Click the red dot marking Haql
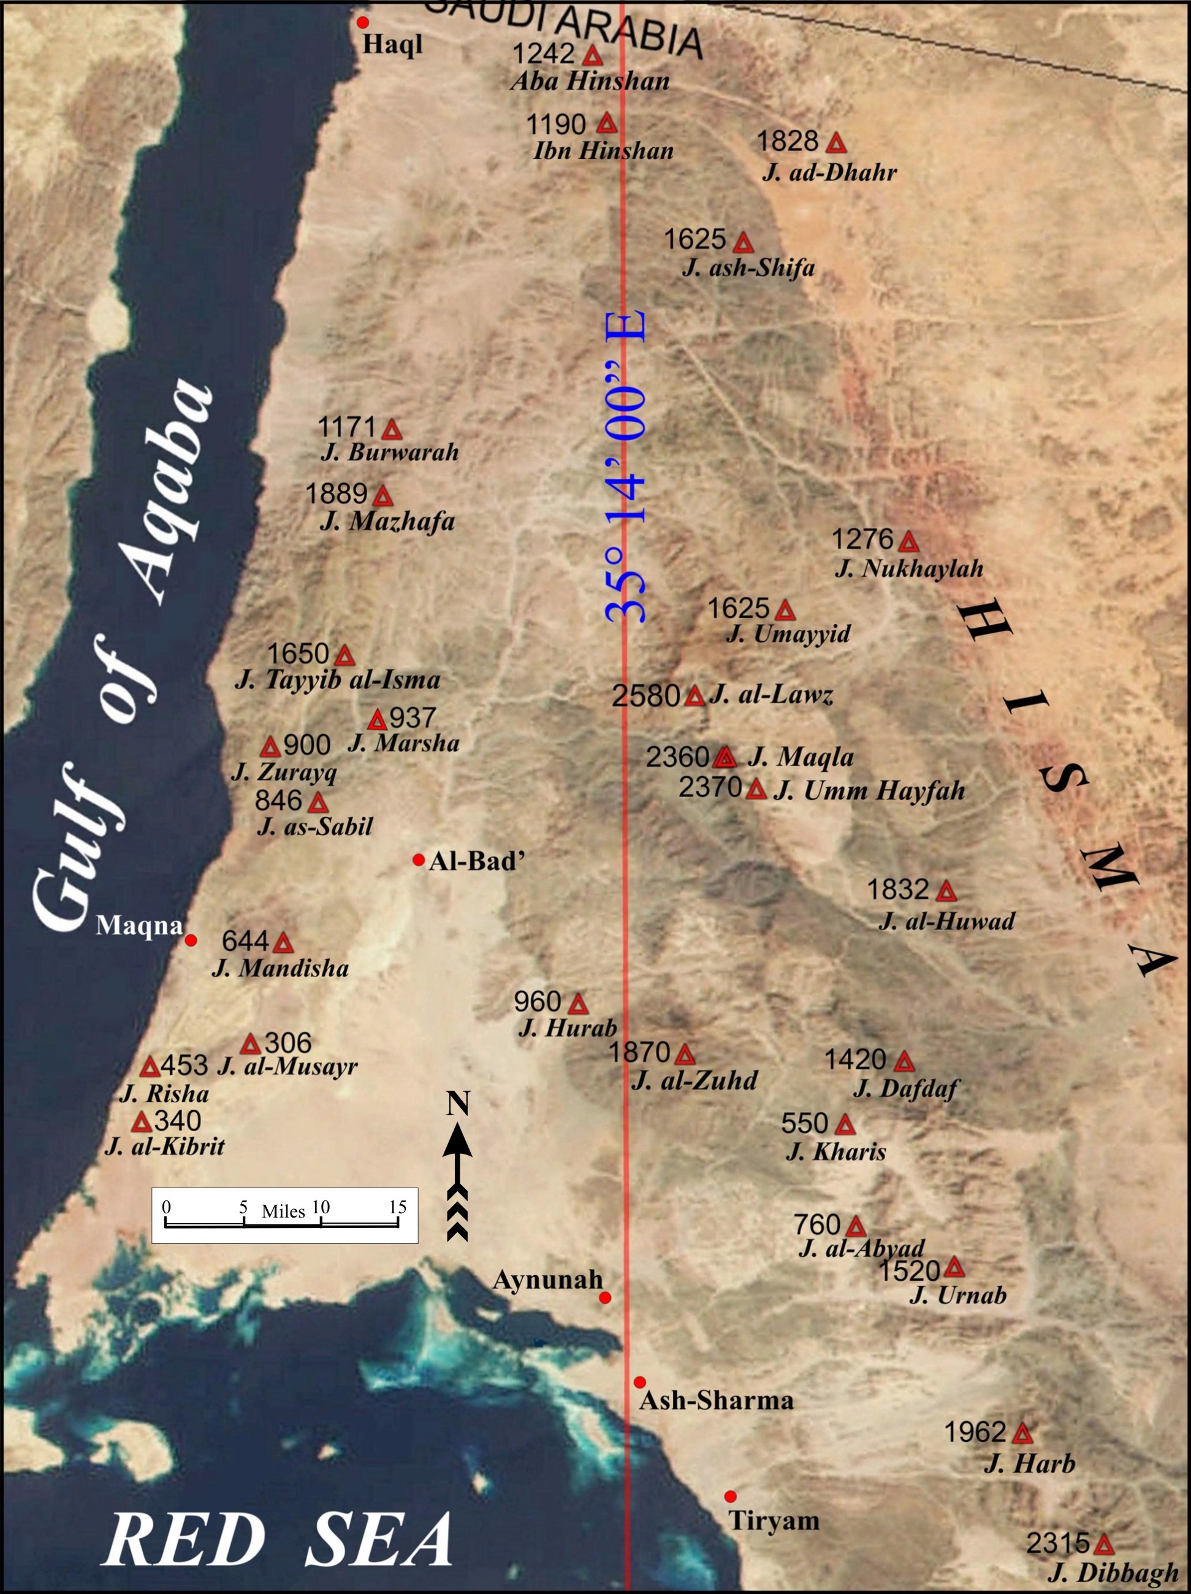tap(363, 22)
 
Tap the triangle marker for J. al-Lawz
tap(694, 696)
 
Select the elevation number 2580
tap(645, 696)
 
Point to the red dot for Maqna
tap(191, 940)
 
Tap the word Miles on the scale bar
tap(283, 1211)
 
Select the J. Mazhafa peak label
tap(387, 521)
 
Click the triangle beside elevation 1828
tap(836, 143)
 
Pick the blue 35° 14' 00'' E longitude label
tap(625, 468)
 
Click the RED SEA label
tap(280, 1539)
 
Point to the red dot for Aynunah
tap(605, 1298)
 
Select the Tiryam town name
tap(774, 1521)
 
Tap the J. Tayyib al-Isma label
tap(337, 679)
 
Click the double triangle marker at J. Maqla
tap(725, 757)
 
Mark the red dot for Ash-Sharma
tap(640, 1382)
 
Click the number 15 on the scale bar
tap(398, 1207)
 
